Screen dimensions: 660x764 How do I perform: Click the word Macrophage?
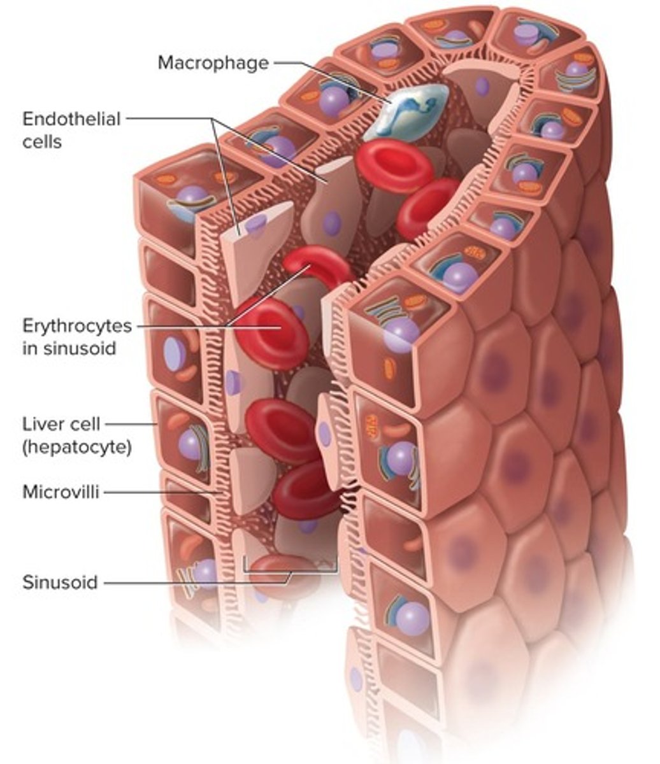pos(213,63)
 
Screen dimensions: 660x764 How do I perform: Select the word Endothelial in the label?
pos(71,119)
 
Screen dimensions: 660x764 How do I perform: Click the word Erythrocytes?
pos(77,326)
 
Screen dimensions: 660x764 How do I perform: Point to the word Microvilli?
pos(61,492)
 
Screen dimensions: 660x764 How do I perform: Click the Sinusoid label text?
pos(60,582)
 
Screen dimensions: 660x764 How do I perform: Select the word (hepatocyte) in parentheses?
pos(77,447)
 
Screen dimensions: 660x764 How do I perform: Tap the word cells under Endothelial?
pos(42,141)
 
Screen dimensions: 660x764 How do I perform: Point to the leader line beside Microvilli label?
pos(159,492)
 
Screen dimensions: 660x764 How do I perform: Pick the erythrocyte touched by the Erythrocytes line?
pos(271,331)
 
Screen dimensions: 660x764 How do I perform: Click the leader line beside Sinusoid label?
pos(191,582)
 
